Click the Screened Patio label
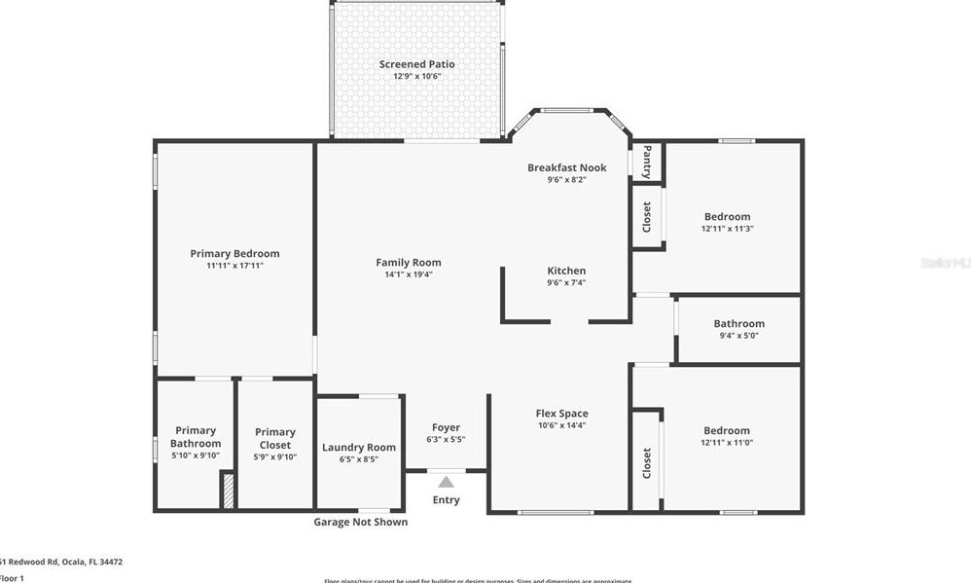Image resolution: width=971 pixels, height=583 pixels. tap(416, 64)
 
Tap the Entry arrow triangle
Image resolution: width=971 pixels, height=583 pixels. tap(446, 482)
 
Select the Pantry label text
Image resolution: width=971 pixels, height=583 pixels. tap(647, 162)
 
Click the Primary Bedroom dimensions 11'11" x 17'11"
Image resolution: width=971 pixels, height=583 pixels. tap(234, 266)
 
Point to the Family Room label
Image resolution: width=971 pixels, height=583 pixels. tap(409, 262)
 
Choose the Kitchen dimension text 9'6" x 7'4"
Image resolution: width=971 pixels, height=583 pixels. tap(566, 283)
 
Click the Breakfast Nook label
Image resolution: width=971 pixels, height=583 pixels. tap(566, 167)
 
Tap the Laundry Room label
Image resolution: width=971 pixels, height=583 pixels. tap(359, 448)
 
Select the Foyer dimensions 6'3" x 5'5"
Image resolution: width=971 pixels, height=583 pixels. tap(446, 440)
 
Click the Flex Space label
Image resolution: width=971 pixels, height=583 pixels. tap(562, 414)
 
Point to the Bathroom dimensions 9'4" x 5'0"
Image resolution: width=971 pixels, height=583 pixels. tap(739, 337)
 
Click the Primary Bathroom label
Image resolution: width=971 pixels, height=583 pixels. tap(196, 437)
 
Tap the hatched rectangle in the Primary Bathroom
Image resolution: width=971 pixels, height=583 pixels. tap(228, 490)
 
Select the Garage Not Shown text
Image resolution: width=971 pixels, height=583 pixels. tap(360, 523)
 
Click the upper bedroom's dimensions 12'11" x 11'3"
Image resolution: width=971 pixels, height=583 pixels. tap(728, 229)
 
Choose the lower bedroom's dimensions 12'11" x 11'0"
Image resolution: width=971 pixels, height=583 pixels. tap(728, 443)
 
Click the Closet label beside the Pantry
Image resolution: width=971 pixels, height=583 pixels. tap(647, 216)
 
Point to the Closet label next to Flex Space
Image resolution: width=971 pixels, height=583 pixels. tap(647, 463)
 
